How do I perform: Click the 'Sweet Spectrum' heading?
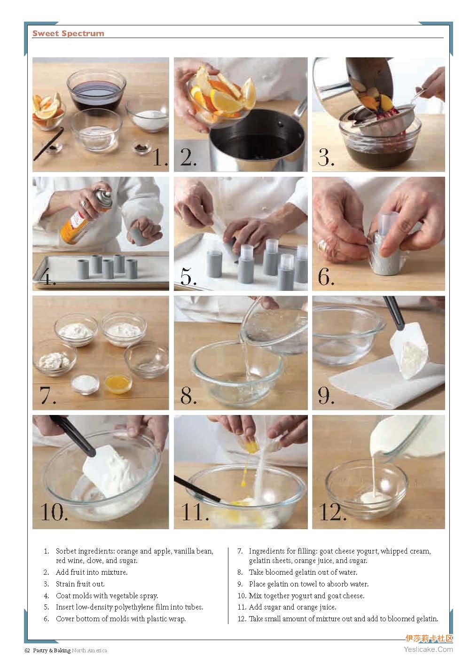[68, 33]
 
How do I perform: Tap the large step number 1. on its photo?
[160, 157]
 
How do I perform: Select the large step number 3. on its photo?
[326, 157]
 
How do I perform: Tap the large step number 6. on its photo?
[326, 277]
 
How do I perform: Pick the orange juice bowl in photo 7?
[118, 383]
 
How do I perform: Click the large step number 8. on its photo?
[188, 396]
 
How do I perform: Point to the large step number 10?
[54, 513]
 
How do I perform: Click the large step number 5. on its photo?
[188, 277]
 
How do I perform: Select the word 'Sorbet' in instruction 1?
[66, 551]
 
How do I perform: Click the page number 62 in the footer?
[27, 650]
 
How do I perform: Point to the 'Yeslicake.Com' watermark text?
[428, 649]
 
